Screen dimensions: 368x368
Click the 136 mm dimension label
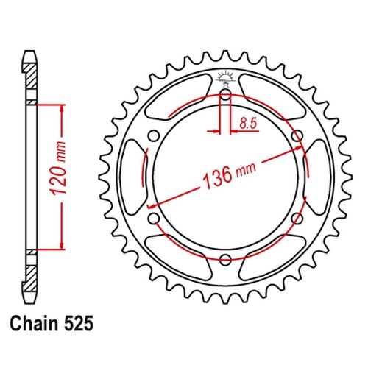pyautogui.click(x=230, y=174)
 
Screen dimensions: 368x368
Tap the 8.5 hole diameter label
pyautogui.click(x=248, y=124)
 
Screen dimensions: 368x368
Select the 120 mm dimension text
pyautogui.click(x=59, y=168)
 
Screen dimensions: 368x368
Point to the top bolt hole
pyautogui.click(x=225, y=95)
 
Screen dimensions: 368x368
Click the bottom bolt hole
pyautogui.click(x=225, y=260)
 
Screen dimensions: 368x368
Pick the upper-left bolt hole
pyautogui.click(x=154, y=136)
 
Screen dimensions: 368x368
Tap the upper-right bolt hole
pyautogui.click(x=297, y=135)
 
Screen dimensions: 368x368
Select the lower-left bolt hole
pyautogui.click(x=154, y=218)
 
